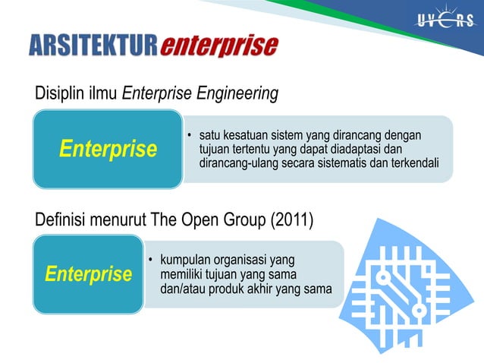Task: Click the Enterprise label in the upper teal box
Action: point(108,149)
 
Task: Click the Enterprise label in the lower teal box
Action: point(88,273)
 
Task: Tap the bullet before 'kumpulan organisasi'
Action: point(151,261)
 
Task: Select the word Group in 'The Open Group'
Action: point(242,221)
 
